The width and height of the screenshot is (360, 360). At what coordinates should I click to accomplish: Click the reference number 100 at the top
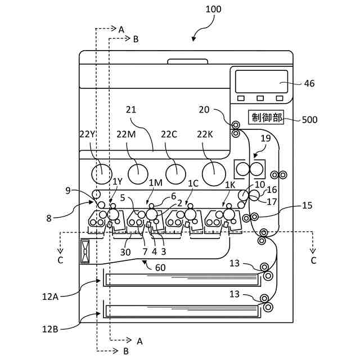[213, 9]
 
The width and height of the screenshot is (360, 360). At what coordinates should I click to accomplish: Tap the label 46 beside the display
[309, 83]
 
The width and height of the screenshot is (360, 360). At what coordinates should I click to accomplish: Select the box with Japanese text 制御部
[266, 118]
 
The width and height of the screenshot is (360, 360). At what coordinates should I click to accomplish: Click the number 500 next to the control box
[309, 120]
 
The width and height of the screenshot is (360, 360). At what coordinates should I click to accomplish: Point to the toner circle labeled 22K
[214, 174]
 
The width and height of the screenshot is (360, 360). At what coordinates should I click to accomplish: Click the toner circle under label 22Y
[102, 174]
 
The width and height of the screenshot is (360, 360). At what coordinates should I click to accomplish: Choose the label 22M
[126, 134]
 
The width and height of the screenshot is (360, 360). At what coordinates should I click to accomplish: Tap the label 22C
[169, 134]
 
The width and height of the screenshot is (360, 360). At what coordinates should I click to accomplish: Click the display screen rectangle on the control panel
[262, 82]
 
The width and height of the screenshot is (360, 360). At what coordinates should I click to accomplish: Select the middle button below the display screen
[260, 98]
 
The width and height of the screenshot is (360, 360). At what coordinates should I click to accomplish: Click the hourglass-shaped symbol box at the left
[85, 251]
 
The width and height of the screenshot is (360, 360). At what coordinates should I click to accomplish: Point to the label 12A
[50, 297]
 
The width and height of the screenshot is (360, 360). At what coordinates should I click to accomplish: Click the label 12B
[50, 329]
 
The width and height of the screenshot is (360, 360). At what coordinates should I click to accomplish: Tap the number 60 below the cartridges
[160, 268]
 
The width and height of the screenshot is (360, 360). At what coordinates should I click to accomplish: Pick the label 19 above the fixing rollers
[265, 138]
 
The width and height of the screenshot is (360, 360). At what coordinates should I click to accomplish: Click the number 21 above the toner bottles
[131, 110]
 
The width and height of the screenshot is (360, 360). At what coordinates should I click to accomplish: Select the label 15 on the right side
[307, 205]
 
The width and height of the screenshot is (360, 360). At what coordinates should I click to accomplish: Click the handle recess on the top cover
[188, 61]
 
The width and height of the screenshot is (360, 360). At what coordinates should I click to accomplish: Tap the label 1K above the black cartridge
[230, 185]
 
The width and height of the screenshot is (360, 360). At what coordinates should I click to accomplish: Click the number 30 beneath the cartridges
[125, 252]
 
